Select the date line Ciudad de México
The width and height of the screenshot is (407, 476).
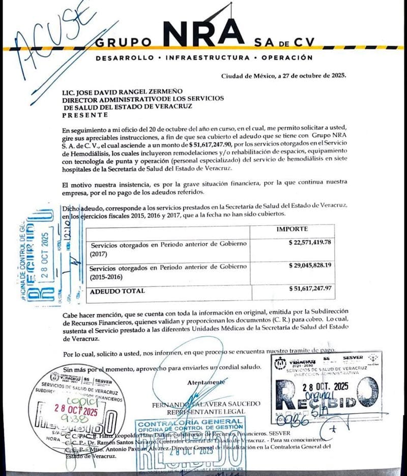(x=283, y=76)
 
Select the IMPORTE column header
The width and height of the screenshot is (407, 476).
(x=292, y=229)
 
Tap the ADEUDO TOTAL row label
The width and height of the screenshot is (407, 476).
(x=117, y=291)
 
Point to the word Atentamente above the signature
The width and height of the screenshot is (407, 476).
(x=206, y=381)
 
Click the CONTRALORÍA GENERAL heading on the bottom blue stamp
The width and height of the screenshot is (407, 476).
(x=190, y=422)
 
